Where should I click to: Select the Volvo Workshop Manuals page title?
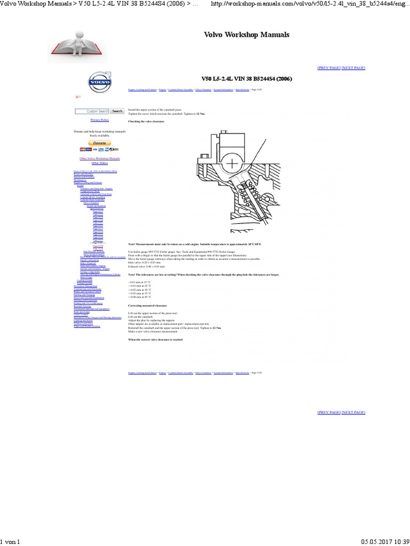[247, 35]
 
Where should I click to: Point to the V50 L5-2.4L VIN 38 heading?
[247, 79]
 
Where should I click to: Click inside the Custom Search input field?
[92, 111]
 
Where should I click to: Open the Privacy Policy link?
[99, 121]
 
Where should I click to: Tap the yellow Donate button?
[99, 143]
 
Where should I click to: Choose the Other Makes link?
[99, 163]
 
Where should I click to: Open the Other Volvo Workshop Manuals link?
[99, 158]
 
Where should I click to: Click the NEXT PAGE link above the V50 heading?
[353, 68]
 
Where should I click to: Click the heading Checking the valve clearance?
[146, 122]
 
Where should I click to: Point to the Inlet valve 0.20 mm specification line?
[145, 262]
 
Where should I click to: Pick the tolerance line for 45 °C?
[140, 297]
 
